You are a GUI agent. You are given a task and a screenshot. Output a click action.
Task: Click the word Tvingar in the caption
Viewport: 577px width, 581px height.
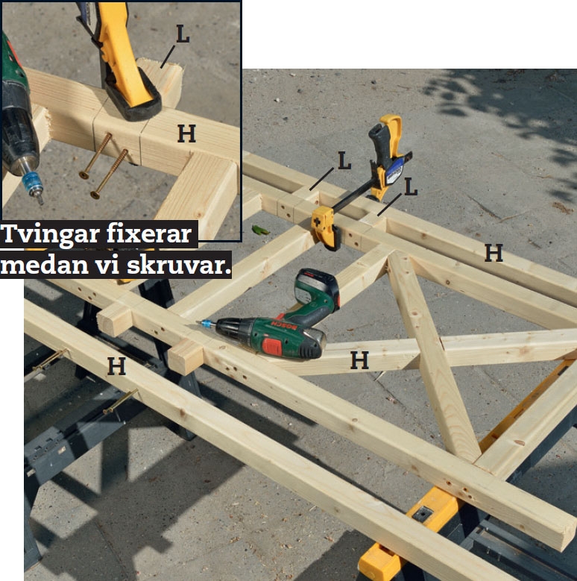51,235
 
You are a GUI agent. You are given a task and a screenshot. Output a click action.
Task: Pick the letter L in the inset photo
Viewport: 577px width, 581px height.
183,34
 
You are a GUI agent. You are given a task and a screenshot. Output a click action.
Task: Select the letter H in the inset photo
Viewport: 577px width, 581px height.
186,134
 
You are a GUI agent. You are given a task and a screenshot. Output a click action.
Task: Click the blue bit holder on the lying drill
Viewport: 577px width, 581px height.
208,324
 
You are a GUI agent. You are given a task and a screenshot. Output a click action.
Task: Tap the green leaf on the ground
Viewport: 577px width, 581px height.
260,230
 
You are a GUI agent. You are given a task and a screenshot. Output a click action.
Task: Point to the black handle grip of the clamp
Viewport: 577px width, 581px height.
379,145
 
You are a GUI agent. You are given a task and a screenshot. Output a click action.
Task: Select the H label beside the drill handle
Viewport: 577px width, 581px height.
359,360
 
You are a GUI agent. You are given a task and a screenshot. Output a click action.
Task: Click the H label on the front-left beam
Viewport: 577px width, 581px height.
116,366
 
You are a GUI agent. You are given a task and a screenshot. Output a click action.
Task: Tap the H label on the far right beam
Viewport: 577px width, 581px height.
494,253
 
